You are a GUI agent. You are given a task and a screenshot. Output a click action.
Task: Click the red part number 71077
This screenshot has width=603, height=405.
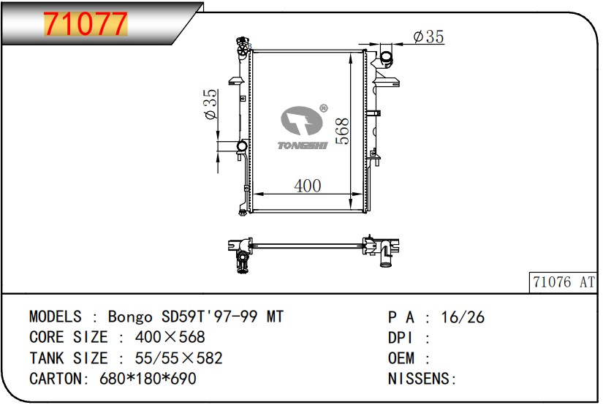click(x=86, y=23)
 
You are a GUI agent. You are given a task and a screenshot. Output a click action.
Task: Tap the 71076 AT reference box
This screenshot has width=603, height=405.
click(x=564, y=282)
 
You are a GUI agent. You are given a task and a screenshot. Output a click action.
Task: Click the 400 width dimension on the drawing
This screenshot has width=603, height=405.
click(x=307, y=186)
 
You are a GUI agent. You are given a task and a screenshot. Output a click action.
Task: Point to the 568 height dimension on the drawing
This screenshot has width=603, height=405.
click(x=342, y=131)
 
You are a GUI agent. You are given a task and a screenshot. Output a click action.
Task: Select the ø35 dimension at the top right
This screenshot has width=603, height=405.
click(x=428, y=37)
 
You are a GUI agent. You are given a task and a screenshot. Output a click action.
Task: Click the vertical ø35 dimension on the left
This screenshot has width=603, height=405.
click(x=211, y=105)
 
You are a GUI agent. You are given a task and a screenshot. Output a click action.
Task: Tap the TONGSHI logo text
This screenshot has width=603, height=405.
click(x=303, y=145)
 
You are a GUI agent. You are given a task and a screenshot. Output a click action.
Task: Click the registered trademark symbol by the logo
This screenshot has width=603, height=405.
click(x=323, y=108)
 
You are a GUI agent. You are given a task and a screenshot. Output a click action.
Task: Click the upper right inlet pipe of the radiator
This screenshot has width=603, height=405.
click(x=385, y=58)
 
